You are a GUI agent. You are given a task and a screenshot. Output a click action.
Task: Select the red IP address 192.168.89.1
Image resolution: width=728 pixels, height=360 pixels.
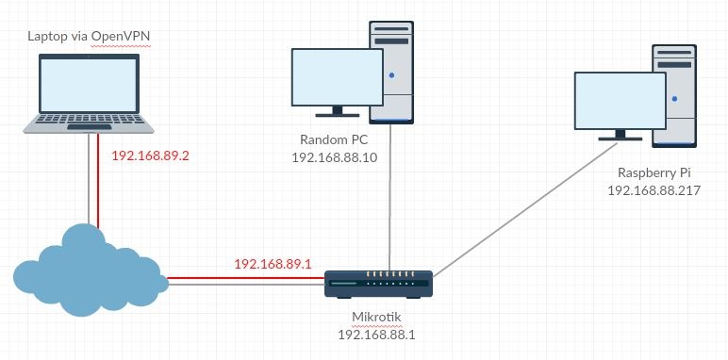point(272,265)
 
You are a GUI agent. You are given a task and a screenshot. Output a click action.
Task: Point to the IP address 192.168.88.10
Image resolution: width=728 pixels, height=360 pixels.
point(336,157)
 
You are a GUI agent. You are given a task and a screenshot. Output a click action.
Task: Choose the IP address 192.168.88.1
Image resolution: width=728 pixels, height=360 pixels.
point(378,335)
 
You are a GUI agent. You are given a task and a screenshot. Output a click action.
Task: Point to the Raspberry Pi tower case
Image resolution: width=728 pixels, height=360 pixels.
point(674,94)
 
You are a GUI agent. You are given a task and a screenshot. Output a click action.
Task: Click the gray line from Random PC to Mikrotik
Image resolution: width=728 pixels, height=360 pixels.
point(390,198)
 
